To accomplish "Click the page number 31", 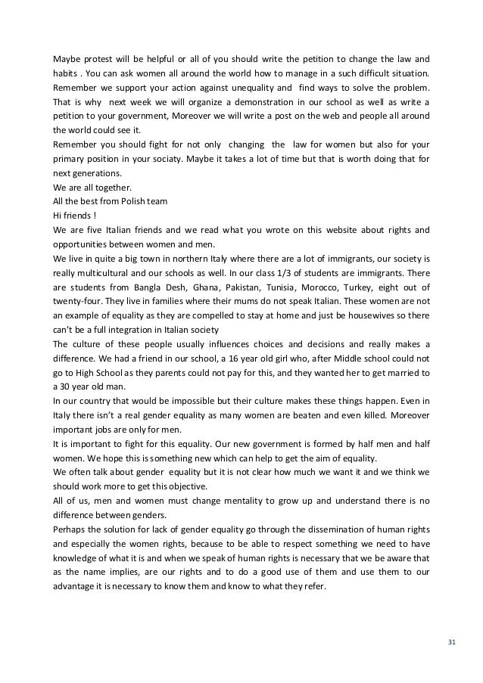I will pyautogui.click(x=453, y=643).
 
